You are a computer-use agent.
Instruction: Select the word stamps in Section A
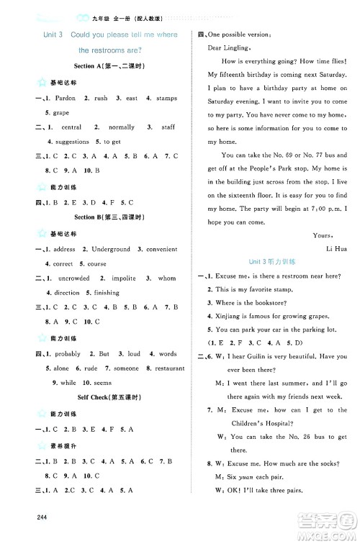tap(163, 98)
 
